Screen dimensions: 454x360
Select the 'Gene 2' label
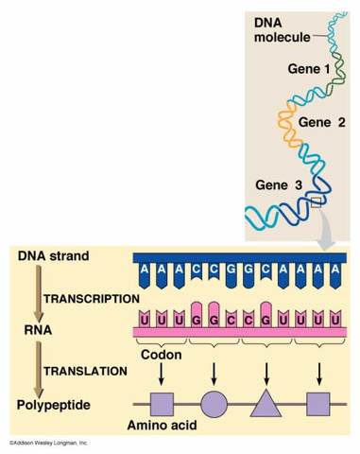point(322,122)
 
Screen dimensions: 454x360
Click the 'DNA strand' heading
point(54,256)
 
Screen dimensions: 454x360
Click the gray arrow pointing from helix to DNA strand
point(324,236)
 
